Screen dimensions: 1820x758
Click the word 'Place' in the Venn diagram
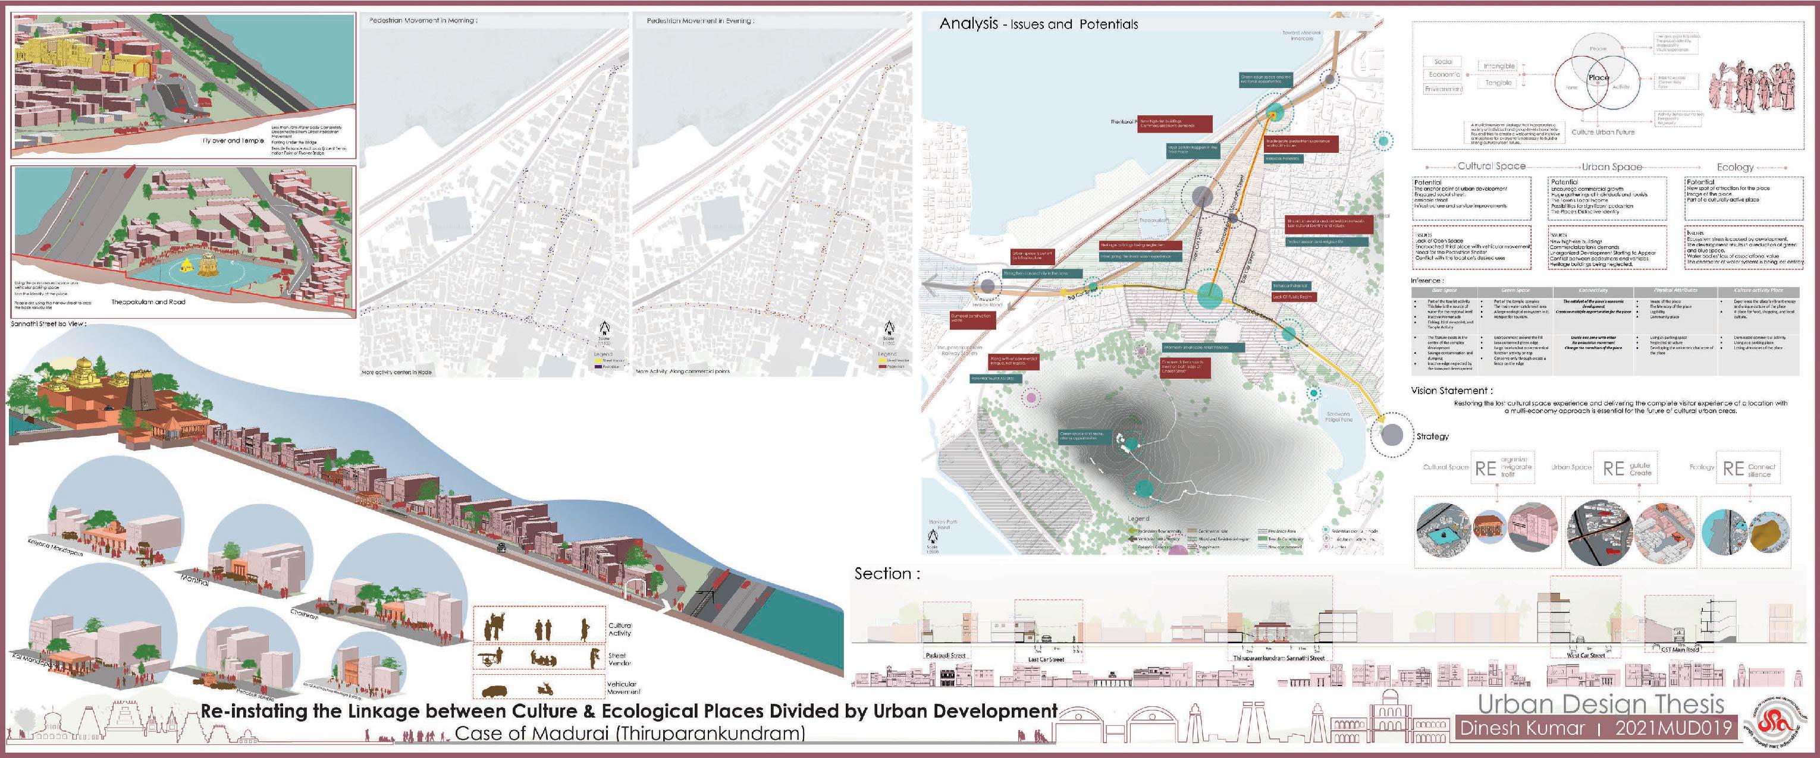(x=1598, y=78)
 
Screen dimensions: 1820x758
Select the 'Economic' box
(x=1444, y=75)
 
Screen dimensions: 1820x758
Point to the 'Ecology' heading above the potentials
(x=1734, y=168)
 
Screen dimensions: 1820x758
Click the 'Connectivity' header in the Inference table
(x=1593, y=290)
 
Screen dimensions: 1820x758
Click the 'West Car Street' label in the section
(x=1586, y=656)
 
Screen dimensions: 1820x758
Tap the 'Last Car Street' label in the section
(x=1046, y=659)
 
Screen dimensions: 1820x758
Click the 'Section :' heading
(x=887, y=574)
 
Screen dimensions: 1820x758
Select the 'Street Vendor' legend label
(x=620, y=659)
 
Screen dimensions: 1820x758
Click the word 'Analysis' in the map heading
(x=968, y=23)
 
